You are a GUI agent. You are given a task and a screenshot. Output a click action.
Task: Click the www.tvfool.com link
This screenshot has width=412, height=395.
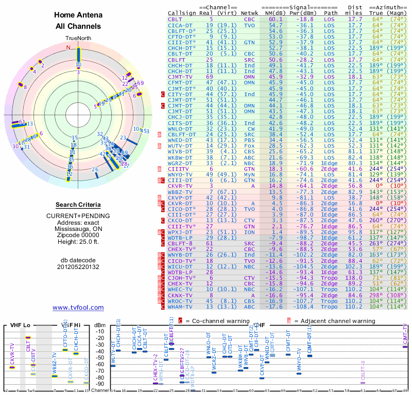[x=78, y=308]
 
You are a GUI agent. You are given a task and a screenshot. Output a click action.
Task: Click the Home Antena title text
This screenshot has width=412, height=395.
[x=77, y=15]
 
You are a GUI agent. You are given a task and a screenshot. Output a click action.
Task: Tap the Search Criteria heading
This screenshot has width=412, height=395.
[x=77, y=205]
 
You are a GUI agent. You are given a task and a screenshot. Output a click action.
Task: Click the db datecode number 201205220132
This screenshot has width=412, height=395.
[x=77, y=266]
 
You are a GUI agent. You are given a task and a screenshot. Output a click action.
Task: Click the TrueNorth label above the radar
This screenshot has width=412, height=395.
[x=78, y=39]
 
